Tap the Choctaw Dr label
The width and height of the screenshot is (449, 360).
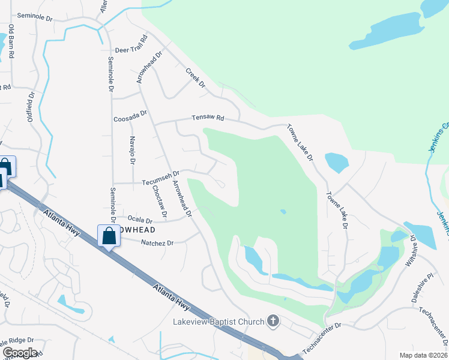point(159,200)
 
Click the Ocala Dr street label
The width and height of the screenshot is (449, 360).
point(139,220)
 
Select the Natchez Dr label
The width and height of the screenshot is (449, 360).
point(157,243)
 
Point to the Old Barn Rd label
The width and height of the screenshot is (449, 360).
point(11,42)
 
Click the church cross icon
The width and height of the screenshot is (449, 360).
point(273,322)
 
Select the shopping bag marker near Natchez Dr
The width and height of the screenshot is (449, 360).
point(109,235)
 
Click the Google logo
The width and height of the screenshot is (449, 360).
point(20,353)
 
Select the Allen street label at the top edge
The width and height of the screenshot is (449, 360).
point(104,6)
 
